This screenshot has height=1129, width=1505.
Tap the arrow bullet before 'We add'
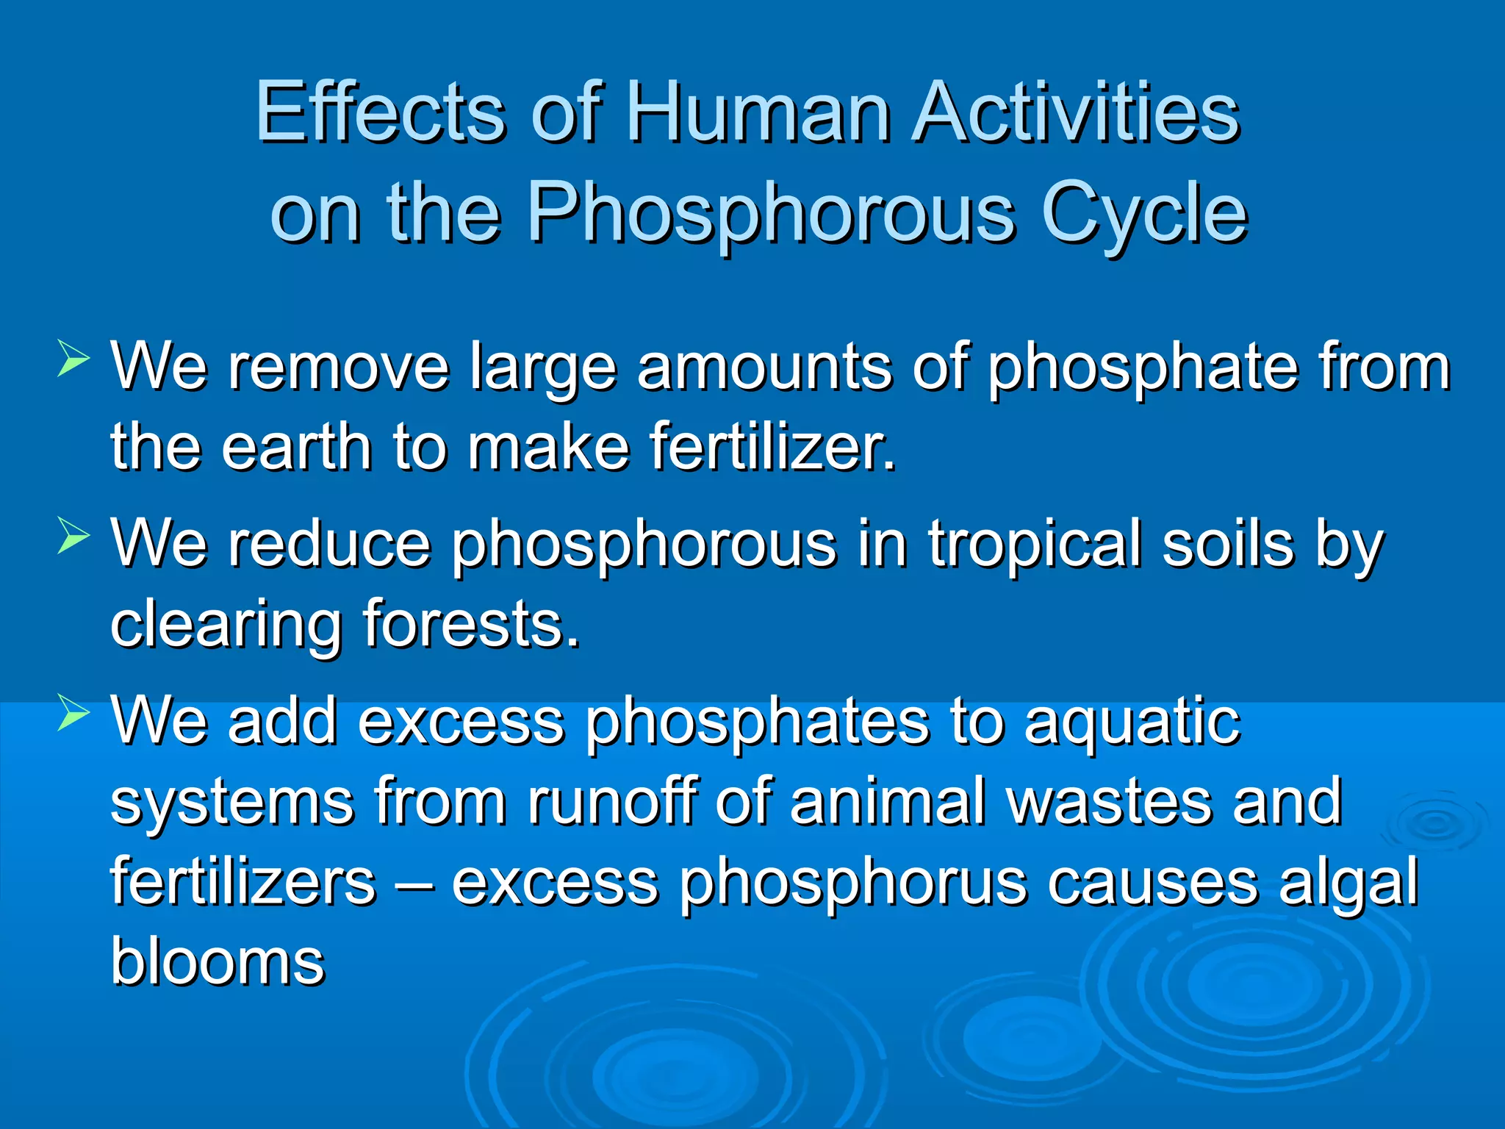73,712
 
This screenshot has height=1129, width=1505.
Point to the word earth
297,448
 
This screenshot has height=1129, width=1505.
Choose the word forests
471,625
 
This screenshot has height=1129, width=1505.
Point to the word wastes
1109,803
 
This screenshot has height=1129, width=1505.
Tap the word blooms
218,963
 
